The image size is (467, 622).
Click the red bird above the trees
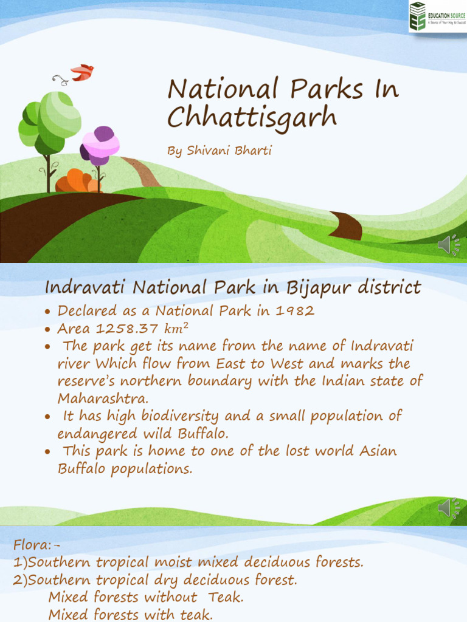tap(83, 72)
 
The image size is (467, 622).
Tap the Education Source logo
tap(438, 16)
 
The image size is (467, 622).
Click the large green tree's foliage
tap(50, 122)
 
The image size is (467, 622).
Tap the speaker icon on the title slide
tap(449, 245)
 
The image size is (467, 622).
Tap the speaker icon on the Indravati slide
tap(449, 508)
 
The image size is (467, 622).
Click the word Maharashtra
tap(103, 398)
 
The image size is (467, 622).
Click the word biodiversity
tap(179, 416)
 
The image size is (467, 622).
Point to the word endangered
tap(97, 434)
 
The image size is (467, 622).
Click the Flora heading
tap(36, 545)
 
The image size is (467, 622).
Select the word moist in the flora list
tap(173, 562)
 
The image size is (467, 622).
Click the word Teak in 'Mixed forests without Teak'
tap(226, 597)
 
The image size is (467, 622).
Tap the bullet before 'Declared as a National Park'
tap(47, 312)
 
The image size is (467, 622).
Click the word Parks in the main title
tap(327, 89)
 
